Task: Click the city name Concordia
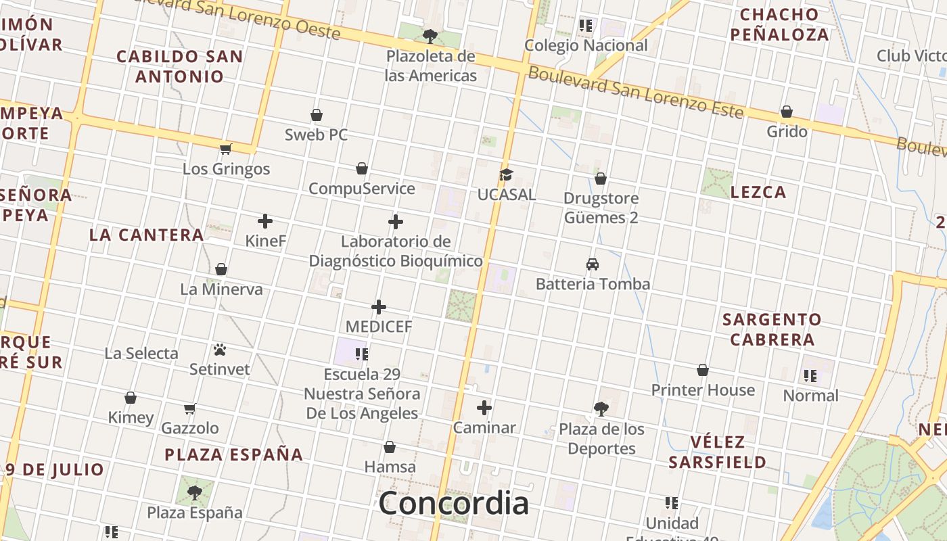click(454, 504)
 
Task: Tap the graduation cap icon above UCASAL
click(506, 175)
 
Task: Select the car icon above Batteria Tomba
click(593, 264)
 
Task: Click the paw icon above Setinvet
click(220, 350)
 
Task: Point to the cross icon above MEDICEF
click(379, 307)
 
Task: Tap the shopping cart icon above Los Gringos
click(226, 149)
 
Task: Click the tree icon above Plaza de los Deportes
click(601, 408)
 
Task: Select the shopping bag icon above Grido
click(787, 112)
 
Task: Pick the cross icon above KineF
click(265, 221)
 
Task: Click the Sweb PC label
click(316, 135)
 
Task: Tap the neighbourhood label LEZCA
click(758, 192)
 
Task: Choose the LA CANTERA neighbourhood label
click(146, 235)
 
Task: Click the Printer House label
click(703, 390)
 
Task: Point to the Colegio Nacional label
click(586, 45)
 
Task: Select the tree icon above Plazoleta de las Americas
click(430, 36)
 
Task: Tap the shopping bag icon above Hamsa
click(390, 447)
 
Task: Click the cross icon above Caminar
click(484, 408)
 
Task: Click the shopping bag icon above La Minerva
click(221, 270)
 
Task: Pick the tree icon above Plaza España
click(195, 492)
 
